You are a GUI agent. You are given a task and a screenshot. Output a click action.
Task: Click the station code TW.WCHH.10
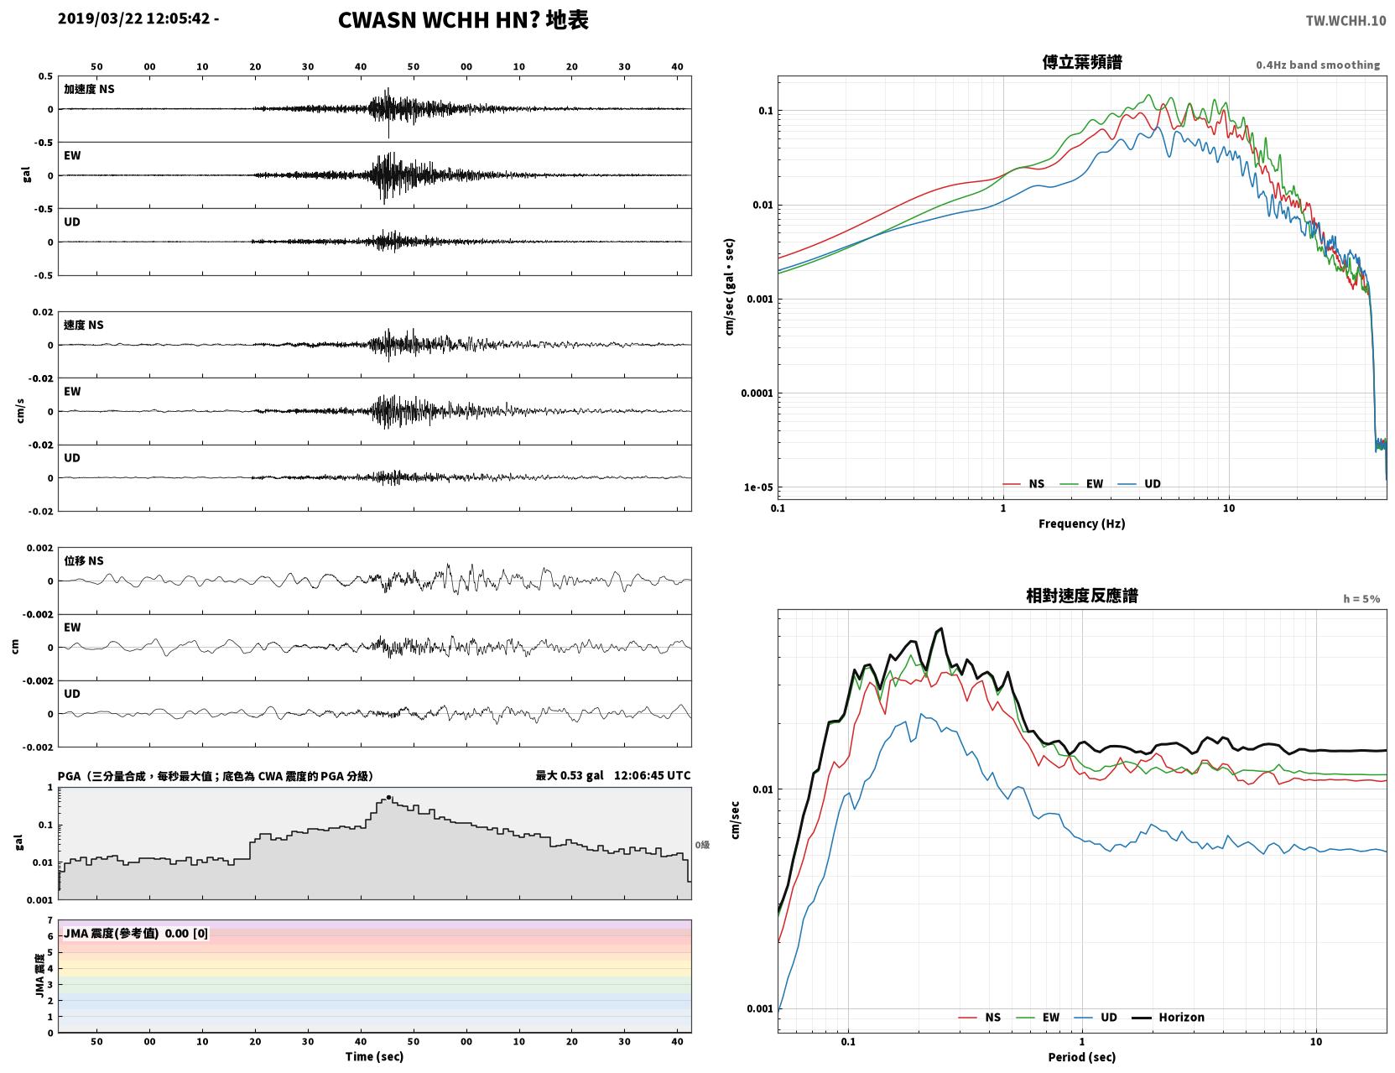pyautogui.click(x=1346, y=20)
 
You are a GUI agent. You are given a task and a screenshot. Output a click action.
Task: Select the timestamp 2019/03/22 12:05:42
pyautogui.click(x=133, y=18)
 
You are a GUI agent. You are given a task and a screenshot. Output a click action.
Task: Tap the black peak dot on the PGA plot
pyautogui.click(x=388, y=797)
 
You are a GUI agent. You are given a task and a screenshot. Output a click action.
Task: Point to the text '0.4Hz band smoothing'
pyautogui.click(x=1317, y=65)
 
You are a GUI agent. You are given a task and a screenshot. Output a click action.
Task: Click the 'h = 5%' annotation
pyautogui.click(x=1361, y=599)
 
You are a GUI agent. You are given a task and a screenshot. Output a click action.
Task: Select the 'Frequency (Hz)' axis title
pyautogui.click(x=1082, y=523)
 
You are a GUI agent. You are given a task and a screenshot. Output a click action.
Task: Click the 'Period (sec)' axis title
pyautogui.click(x=1082, y=1057)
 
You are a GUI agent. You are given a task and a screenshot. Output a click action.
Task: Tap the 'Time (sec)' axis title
pyautogui.click(x=374, y=1056)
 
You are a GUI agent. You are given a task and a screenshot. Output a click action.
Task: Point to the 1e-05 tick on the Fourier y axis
pyautogui.click(x=758, y=487)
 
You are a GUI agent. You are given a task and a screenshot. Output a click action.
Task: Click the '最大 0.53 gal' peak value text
pyautogui.click(x=570, y=775)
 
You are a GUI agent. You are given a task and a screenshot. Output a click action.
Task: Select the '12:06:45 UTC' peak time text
pyautogui.click(x=653, y=775)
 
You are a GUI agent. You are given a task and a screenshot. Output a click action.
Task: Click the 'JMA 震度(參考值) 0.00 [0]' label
pyautogui.click(x=135, y=933)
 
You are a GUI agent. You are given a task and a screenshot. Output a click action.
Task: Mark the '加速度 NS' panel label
pyautogui.click(x=89, y=89)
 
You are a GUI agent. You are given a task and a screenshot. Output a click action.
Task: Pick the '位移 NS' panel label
pyautogui.click(x=83, y=561)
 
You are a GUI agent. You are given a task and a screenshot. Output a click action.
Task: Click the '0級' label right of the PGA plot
pyautogui.click(x=702, y=845)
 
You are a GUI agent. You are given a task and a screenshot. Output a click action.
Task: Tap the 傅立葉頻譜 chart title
pyautogui.click(x=1082, y=62)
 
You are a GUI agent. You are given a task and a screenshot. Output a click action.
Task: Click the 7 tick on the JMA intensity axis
pyautogui.click(x=50, y=920)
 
